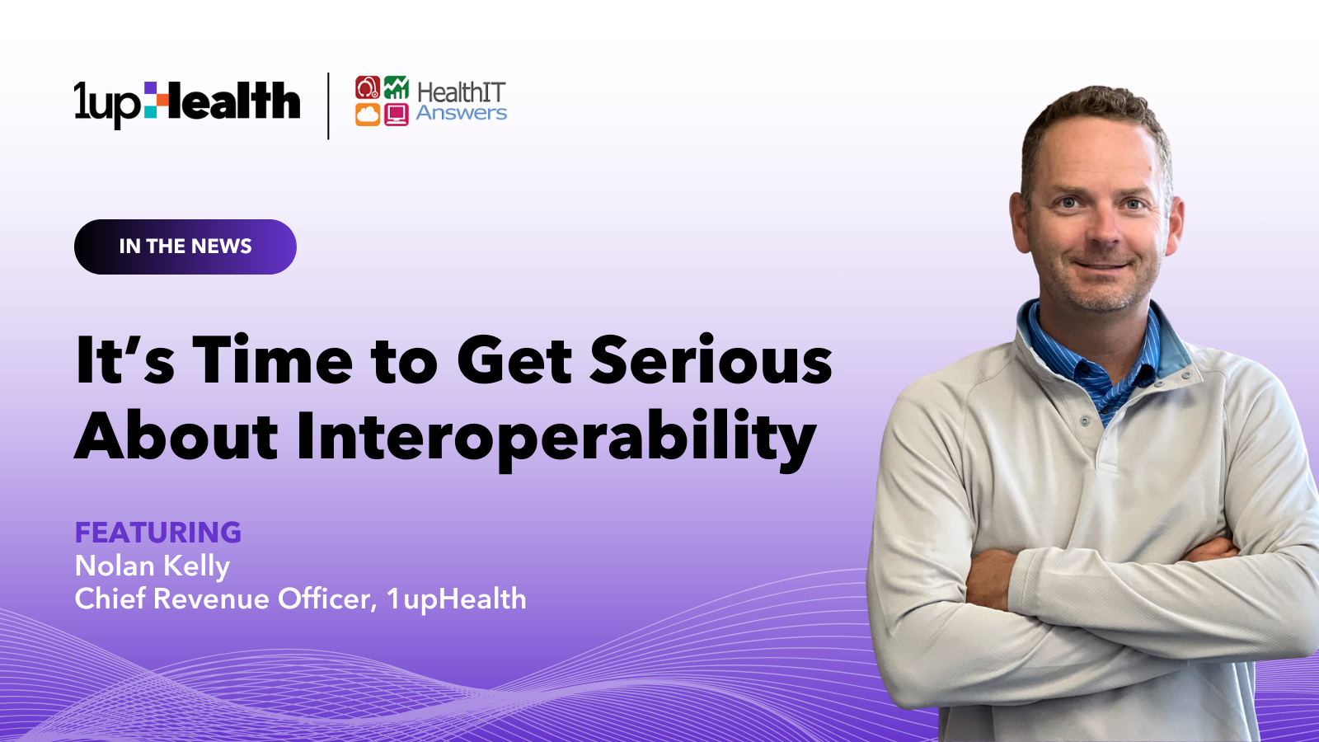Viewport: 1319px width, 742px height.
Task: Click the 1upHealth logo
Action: pyautogui.click(x=187, y=105)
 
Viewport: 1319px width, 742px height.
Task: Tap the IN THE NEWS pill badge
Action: pyautogui.click(x=185, y=247)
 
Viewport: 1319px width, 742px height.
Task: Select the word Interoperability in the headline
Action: pyautogui.click(x=556, y=439)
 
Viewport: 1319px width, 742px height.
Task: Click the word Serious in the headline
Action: pyautogui.click(x=711, y=359)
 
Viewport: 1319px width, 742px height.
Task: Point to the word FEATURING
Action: pyautogui.click(x=157, y=533)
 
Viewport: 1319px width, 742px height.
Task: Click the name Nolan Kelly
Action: pyautogui.click(x=152, y=566)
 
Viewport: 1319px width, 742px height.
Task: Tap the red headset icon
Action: pyautogui.click(x=368, y=87)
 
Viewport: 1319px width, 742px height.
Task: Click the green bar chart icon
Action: pyautogui.click(x=397, y=87)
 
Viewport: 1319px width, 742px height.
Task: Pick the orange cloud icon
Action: pyautogui.click(x=368, y=115)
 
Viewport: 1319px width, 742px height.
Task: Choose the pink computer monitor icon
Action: pyautogui.click(x=397, y=115)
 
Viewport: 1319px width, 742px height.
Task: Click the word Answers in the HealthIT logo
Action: pyautogui.click(x=462, y=112)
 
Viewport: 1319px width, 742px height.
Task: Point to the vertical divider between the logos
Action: pyautogui.click(x=329, y=106)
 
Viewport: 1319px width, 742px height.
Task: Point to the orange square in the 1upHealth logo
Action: pyautogui.click(x=162, y=100)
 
